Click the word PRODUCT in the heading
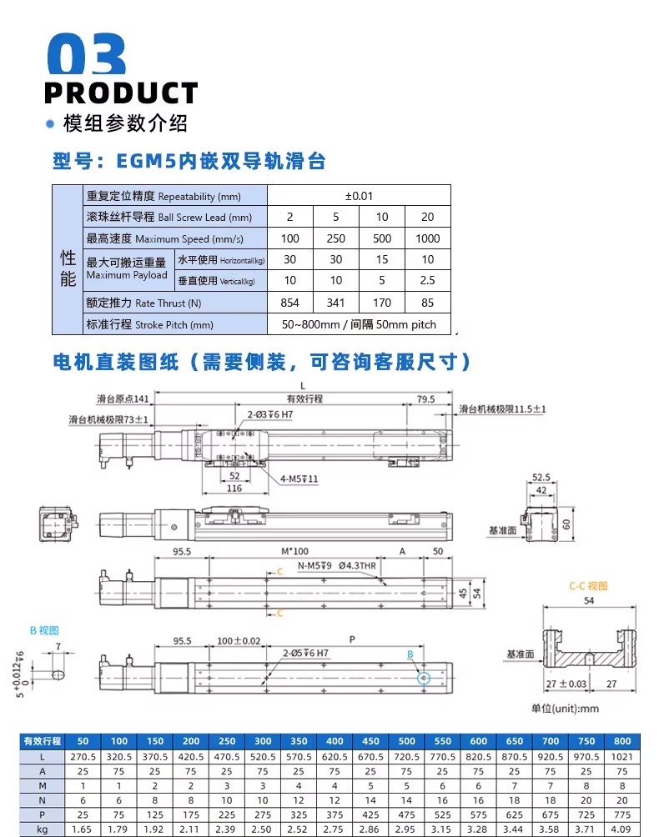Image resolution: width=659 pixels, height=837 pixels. [x=121, y=93]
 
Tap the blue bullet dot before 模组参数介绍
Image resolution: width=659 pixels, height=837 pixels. [x=50, y=124]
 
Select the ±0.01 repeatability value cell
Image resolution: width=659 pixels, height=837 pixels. [x=359, y=196]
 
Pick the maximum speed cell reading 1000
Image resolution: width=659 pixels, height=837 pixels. [x=428, y=239]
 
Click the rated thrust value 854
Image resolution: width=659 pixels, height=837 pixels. [x=290, y=303]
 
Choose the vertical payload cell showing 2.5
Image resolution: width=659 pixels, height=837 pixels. [x=428, y=281]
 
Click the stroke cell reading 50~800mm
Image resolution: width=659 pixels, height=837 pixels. [x=359, y=324]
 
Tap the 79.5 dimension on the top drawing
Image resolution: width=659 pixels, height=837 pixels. [x=426, y=399]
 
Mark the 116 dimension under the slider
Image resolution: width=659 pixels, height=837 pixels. [x=234, y=489]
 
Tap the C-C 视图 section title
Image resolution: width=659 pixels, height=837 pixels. [x=589, y=586]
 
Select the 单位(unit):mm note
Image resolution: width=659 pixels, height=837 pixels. [x=566, y=709]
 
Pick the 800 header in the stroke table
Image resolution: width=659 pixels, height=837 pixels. [x=622, y=740]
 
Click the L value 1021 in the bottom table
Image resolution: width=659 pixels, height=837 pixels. [x=622, y=757]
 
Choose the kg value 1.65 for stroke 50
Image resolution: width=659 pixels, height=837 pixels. [x=83, y=829]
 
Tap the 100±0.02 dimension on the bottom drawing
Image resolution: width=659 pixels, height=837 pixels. [x=239, y=641]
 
